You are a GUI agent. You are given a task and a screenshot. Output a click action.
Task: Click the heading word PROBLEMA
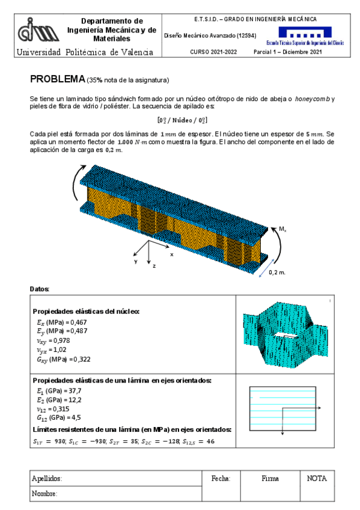(57, 79)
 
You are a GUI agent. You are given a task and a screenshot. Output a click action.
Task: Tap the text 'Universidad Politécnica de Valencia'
(85, 52)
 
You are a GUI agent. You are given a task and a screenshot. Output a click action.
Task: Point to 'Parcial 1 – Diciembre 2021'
(288, 52)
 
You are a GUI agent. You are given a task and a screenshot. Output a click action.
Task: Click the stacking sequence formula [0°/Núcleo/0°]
(182, 120)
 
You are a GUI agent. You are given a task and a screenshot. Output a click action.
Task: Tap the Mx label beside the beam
(282, 229)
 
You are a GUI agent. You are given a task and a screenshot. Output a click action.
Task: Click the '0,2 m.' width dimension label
(277, 272)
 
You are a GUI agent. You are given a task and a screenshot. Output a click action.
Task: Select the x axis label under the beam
(171, 254)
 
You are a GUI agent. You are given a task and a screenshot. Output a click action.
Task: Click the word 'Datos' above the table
(40, 289)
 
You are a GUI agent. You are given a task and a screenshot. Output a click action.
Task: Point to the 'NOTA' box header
(317, 479)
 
